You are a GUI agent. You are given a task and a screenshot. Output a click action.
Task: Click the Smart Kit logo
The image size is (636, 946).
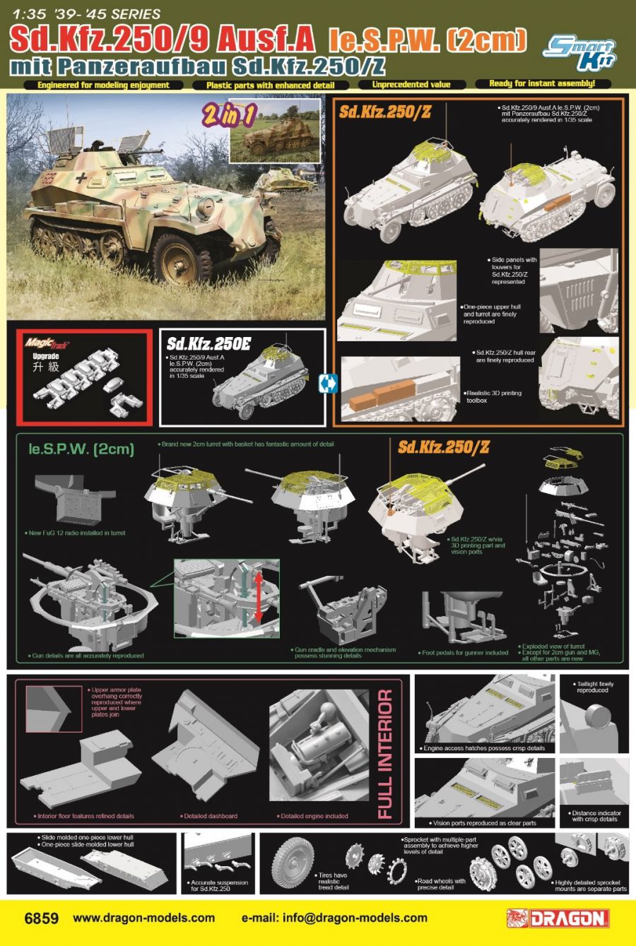[579, 53]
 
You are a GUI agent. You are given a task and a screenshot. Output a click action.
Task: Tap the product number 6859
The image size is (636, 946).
[41, 918]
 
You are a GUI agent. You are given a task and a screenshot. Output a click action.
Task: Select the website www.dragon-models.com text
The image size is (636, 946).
[143, 918]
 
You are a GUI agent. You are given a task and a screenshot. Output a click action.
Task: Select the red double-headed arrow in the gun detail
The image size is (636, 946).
[259, 598]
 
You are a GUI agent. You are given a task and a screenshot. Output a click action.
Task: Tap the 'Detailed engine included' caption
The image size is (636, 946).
[314, 816]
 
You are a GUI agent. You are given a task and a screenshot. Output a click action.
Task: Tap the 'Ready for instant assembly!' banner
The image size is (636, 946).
[542, 84]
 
